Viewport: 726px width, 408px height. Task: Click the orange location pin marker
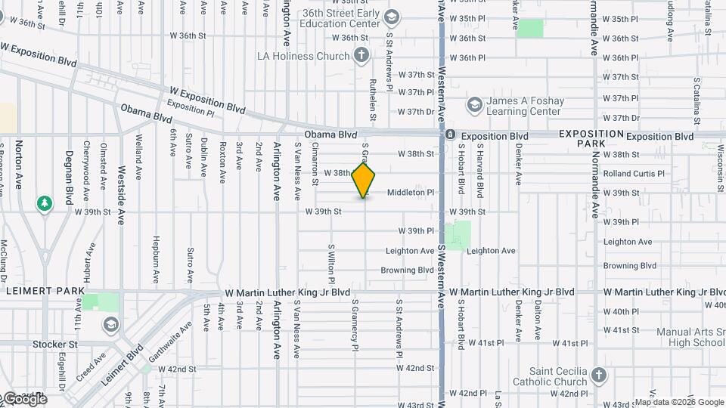pyautogui.click(x=364, y=181)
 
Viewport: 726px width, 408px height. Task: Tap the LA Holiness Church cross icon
pyautogui.click(x=361, y=55)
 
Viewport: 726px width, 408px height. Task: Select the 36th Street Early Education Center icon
pyautogui.click(x=391, y=17)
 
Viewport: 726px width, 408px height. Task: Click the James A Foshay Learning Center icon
pyautogui.click(x=474, y=104)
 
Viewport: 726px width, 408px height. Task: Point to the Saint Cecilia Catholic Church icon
pyautogui.click(x=599, y=376)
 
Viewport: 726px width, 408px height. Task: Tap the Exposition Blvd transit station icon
pyautogui.click(x=450, y=135)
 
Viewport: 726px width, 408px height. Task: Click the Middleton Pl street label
pyautogui.click(x=411, y=193)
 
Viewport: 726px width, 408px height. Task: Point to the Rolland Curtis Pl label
pyautogui.click(x=633, y=174)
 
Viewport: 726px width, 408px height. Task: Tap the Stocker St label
pyautogui.click(x=55, y=344)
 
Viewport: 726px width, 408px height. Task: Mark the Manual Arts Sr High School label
pyautogui.click(x=690, y=337)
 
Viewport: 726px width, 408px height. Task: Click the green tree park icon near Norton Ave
pyautogui.click(x=45, y=202)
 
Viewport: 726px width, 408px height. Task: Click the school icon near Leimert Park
pyautogui.click(x=111, y=325)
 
